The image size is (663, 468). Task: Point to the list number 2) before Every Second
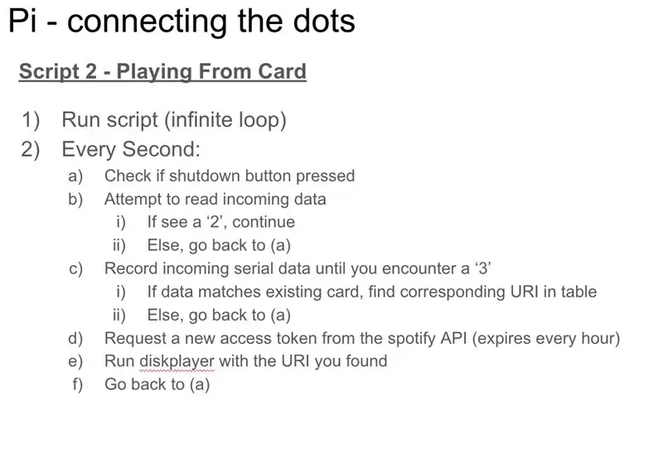point(31,150)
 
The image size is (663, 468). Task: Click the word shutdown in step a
point(205,176)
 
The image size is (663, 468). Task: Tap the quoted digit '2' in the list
point(215,222)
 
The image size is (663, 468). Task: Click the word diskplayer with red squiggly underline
point(177,361)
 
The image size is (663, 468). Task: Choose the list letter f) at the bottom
point(78,384)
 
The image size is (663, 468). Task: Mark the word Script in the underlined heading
point(49,71)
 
